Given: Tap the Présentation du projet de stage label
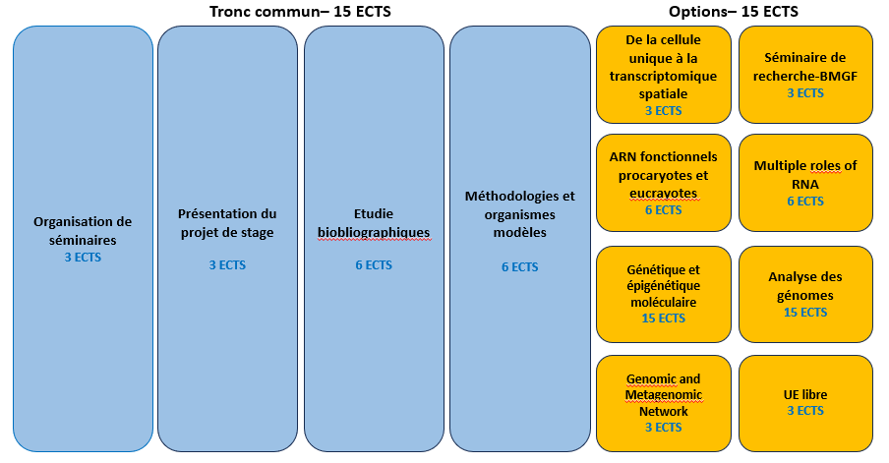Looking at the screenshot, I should pos(227,223).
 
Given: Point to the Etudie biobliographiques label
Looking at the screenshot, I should pos(374,223).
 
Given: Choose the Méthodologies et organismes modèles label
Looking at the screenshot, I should pos(519,214).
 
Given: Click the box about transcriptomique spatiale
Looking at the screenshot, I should pos(663,74).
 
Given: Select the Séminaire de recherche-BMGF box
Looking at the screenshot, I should pos(805,74).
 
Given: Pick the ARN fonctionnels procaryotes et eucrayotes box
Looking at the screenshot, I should pos(663,182).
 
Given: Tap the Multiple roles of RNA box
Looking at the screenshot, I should pos(805,182).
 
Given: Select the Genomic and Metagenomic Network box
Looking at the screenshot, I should pos(663,401).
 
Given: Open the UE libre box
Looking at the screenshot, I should pos(805,401).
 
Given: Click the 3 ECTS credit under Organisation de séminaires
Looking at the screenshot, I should pos(83,258).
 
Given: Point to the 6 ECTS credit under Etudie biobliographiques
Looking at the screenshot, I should pos(374,265).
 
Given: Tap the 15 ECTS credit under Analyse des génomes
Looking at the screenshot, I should pos(805,313).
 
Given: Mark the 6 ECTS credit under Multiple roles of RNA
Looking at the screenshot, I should pos(805,202).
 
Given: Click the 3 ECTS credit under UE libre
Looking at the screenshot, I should pos(805,411).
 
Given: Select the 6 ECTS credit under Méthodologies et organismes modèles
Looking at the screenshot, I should pos(519,266).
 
